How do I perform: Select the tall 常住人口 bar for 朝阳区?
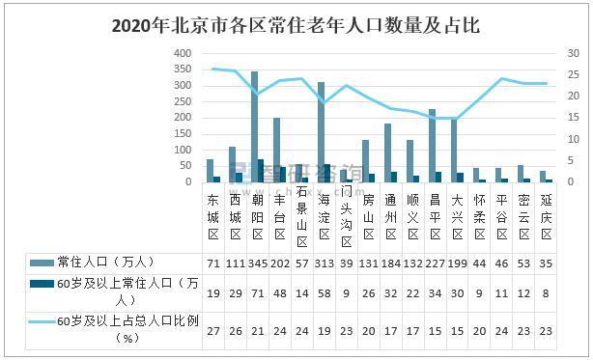(254, 125)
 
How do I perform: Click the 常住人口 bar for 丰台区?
(276, 150)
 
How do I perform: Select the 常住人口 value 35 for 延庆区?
(547, 263)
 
